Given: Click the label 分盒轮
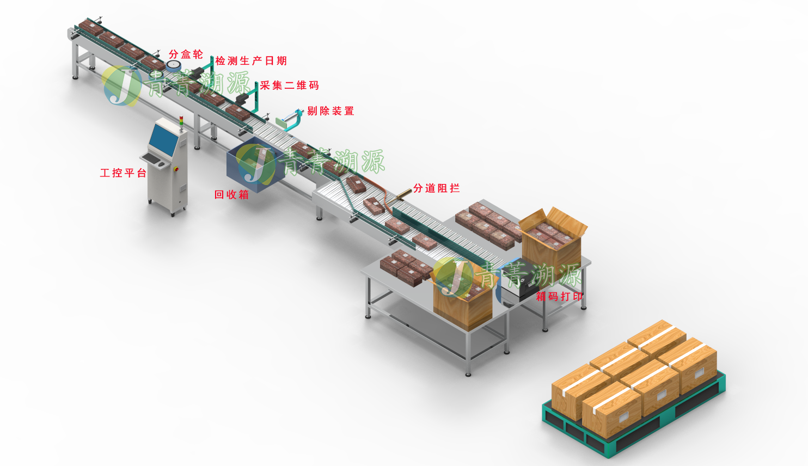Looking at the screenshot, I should [186, 54].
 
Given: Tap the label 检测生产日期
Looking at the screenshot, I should [251, 61].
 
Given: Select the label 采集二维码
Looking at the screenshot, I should [290, 85].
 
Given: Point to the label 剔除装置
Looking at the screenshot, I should [330, 111].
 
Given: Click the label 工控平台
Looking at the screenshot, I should [123, 173].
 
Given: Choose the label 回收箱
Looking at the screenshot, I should [231, 194].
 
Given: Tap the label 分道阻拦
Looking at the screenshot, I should [437, 188].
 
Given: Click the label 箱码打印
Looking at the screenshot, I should [559, 297].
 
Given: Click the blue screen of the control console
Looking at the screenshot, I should [163, 138].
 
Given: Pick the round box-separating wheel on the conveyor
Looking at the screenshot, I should [173, 66].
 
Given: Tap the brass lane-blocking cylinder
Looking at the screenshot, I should [403, 193].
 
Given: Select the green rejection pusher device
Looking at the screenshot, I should [289, 120].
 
